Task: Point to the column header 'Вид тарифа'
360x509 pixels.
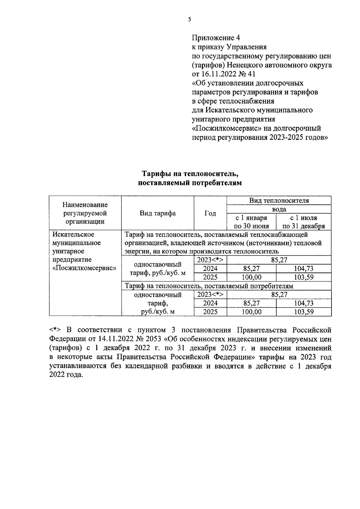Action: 158,213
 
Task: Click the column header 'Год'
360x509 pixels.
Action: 210,213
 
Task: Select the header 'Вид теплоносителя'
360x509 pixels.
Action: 279,201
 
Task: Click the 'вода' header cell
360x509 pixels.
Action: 279,209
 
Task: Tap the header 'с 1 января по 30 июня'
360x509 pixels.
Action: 251,222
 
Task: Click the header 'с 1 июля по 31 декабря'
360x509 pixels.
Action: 304,222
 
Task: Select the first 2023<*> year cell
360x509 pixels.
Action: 210,260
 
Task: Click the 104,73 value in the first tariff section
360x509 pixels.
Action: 304,269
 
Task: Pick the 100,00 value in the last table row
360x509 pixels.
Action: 251,312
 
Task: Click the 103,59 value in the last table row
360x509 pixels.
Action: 304,312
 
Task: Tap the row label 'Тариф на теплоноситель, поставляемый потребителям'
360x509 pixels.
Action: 209,286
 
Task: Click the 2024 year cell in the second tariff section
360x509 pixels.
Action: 210,303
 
